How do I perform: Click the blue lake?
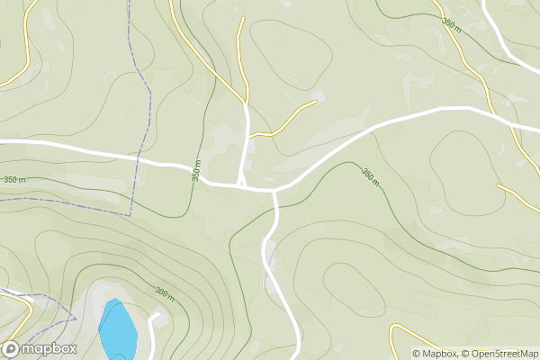(118, 329)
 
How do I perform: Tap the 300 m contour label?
(165, 293)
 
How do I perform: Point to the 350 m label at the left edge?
(14, 180)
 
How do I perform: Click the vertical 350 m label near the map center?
(195, 171)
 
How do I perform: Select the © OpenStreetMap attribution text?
(502, 354)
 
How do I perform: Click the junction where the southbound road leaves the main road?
(274, 191)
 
